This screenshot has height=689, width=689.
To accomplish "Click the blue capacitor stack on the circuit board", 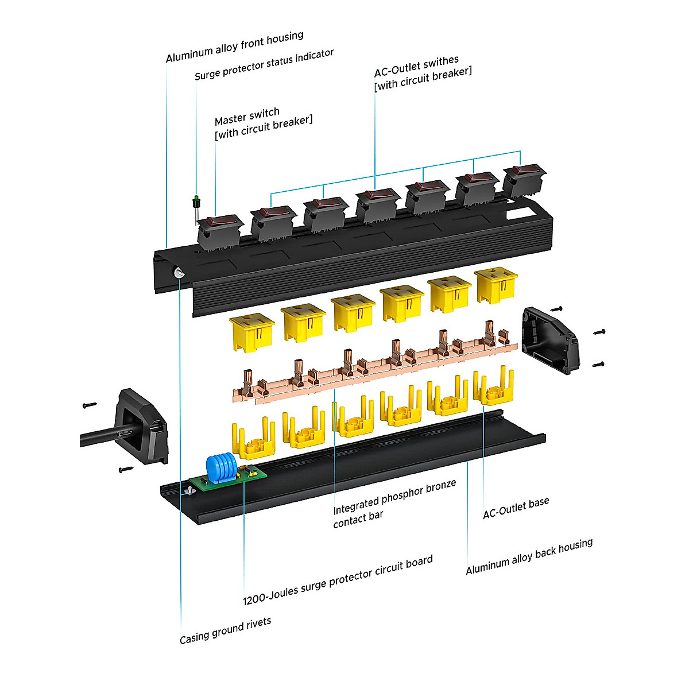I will pos(220,466).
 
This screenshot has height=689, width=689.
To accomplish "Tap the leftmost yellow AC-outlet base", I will pos(253,441).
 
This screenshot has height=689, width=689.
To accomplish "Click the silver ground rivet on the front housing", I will pos(179,274).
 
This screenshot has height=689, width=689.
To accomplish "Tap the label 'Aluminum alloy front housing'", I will pos(234,47).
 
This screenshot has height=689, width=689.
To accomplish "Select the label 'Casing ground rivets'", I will pos(225,631).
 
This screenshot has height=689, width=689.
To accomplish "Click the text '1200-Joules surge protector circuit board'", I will pos(338,580).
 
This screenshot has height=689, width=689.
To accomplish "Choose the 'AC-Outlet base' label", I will pos(516,508).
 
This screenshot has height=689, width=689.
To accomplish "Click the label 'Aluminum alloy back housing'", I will pos(529,556).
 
